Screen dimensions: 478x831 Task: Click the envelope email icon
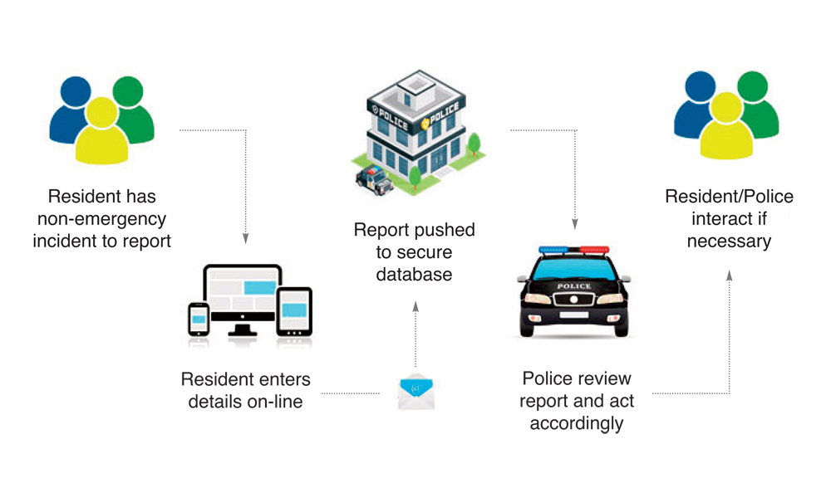point(416,391)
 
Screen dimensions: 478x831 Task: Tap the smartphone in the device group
point(199,319)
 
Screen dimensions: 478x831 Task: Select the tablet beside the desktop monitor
point(294,313)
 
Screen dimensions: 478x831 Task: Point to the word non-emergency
point(101,219)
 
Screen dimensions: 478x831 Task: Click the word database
point(414,274)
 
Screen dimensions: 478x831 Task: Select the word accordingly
point(576,423)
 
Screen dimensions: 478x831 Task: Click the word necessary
point(730,241)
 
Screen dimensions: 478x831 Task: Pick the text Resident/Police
point(730,197)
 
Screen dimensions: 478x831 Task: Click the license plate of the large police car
point(573,315)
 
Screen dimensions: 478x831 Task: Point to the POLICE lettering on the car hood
point(573,286)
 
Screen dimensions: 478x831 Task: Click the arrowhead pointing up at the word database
point(415,306)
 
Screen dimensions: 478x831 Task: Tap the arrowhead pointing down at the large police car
point(573,224)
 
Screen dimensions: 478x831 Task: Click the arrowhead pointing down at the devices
point(246,239)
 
